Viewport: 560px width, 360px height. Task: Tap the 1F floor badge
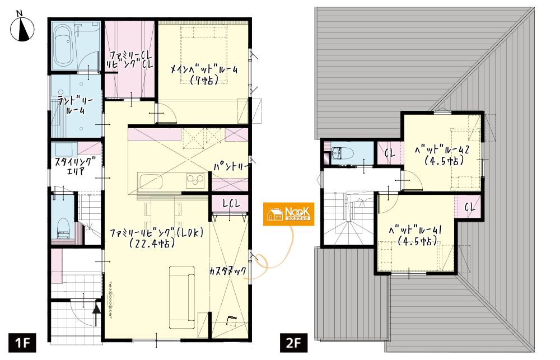pos(22,343)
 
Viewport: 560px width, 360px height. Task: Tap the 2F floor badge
pos(293,343)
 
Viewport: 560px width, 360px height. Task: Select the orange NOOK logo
pos(288,214)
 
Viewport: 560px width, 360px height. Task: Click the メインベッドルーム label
pos(204,74)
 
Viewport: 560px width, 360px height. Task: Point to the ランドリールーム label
pos(76,105)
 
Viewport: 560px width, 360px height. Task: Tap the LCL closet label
pos(231,203)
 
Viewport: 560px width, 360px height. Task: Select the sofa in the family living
pos(182,297)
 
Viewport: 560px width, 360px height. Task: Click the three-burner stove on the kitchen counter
pos(195,180)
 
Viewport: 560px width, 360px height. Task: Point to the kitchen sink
pos(151,181)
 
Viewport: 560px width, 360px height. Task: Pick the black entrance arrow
pos(96,313)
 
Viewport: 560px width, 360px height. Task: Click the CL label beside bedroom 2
pos(390,153)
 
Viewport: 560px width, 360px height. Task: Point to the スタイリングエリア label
pos(76,166)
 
